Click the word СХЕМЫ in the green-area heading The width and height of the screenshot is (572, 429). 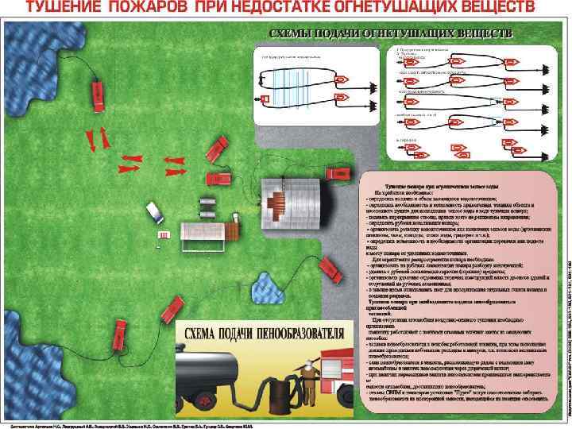click(x=299, y=34)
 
